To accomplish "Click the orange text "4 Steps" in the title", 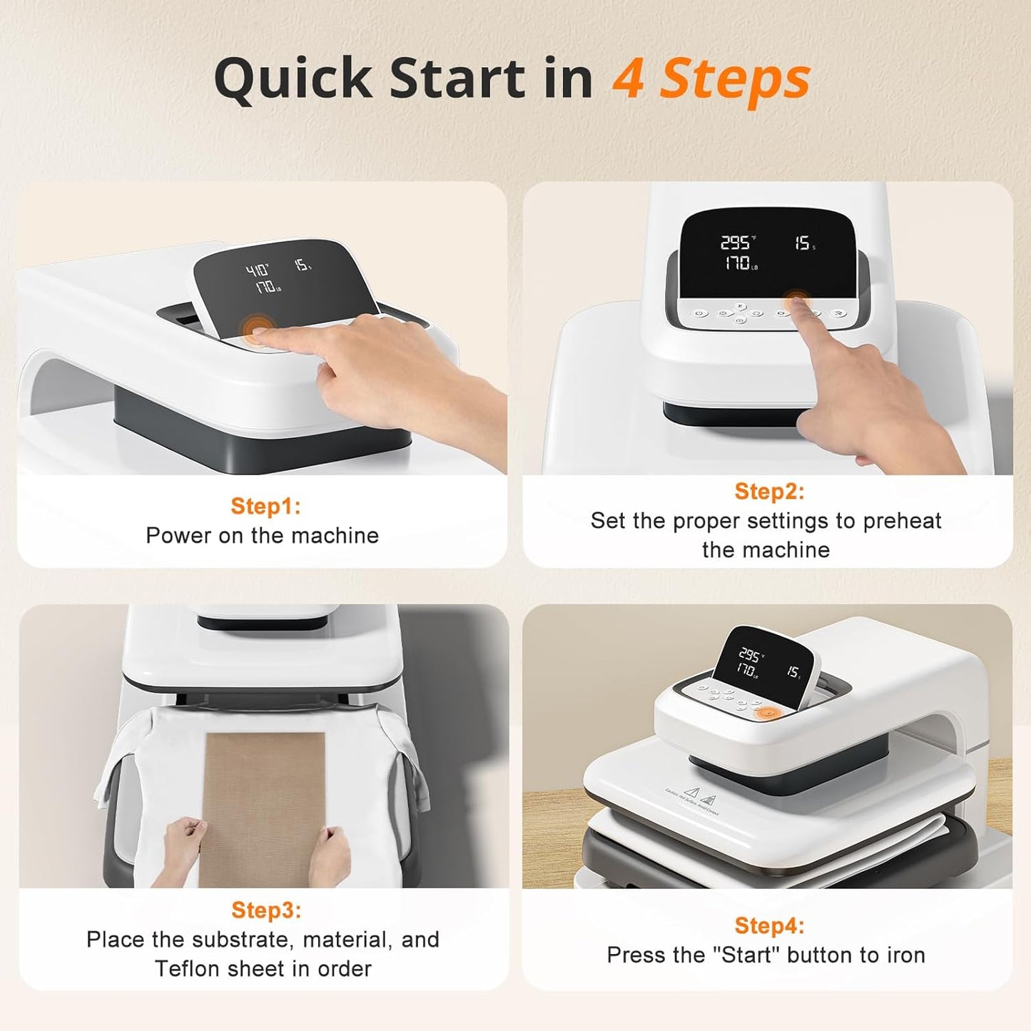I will (x=711, y=78).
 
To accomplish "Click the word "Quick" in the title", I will (x=294, y=80).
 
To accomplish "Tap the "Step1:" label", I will (x=265, y=506).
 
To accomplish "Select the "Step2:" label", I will (x=769, y=491).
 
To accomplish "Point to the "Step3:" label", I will (x=266, y=910).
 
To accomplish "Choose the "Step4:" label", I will (x=769, y=925).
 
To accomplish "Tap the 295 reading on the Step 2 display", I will (x=736, y=243).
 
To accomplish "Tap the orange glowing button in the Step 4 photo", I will (x=767, y=713).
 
